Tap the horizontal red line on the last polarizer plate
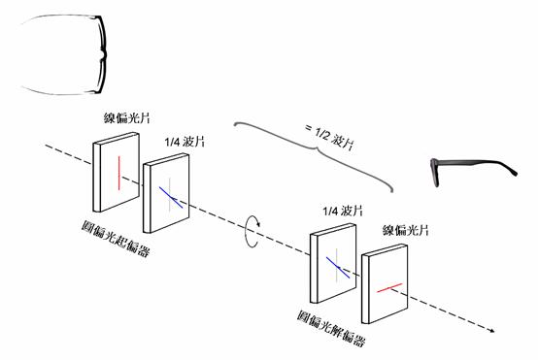tap(388, 288)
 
